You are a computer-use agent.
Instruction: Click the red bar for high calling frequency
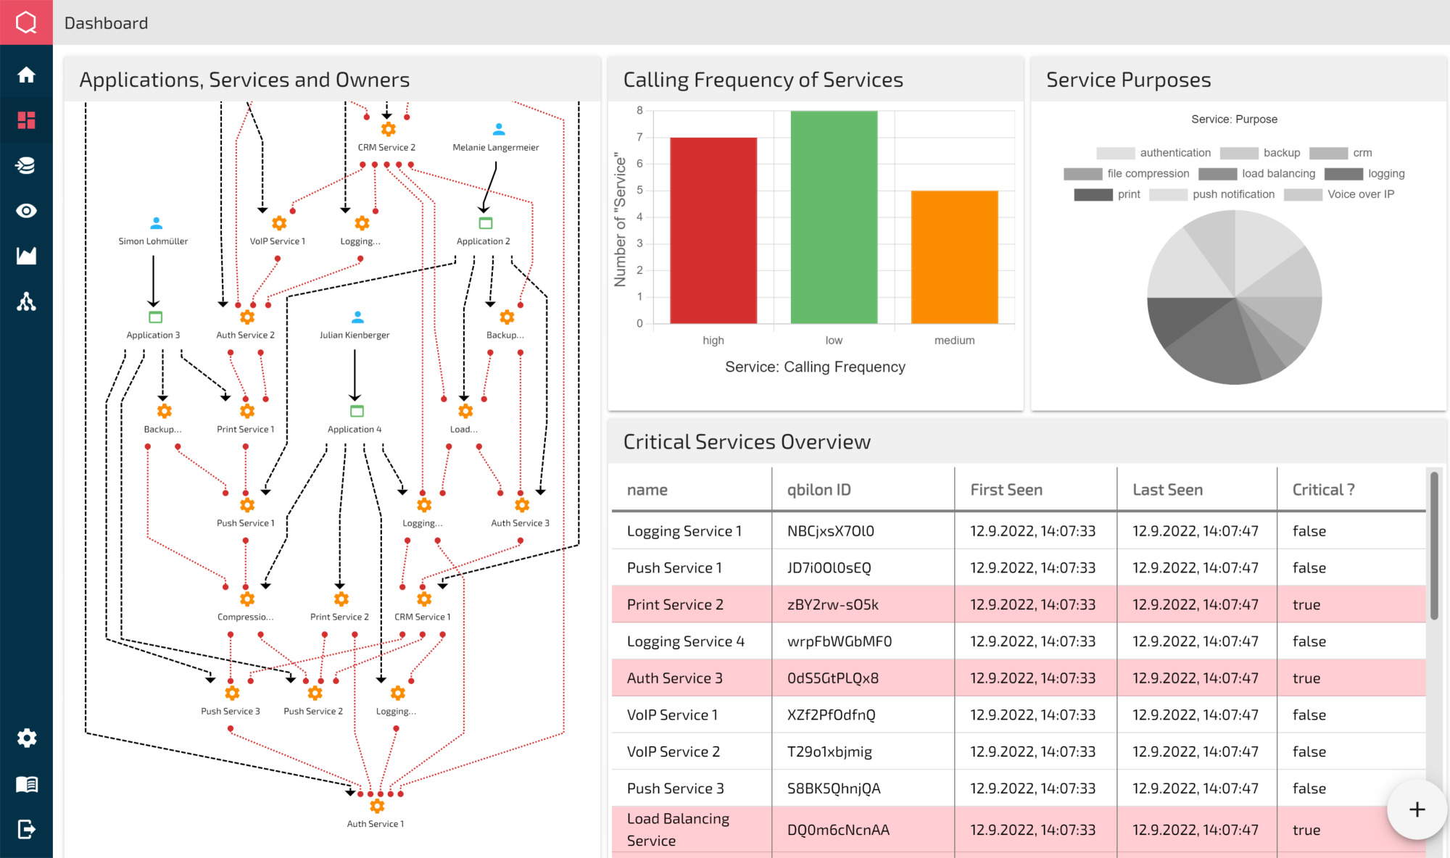[x=713, y=230]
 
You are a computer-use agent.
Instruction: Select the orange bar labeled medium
[x=954, y=257]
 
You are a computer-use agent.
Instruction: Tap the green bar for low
[x=834, y=217]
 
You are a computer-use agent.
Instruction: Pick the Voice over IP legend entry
[x=1339, y=194]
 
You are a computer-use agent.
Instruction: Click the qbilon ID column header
[x=819, y=490]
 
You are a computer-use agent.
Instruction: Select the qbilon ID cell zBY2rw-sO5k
[x=833, y=604]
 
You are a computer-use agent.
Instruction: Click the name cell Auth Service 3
[x=674, y=678]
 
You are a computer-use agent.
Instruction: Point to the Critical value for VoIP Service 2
[x=1309, y=751]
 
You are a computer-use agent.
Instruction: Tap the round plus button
[x=1417, y=809]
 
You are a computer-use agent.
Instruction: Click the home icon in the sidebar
[x=26, y=75]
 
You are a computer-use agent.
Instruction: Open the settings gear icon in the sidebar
[x=26, y=738]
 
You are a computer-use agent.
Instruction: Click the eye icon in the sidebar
[x=26, y=211]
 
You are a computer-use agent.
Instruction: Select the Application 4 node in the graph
[x=357, y=412]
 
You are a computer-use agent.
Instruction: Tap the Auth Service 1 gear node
[x=377, y=806]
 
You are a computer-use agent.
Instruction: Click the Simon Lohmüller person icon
[x=156, y=223]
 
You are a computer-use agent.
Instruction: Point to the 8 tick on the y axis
[x=639, y=111]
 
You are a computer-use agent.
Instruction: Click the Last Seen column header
[x=1167, y=490]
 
